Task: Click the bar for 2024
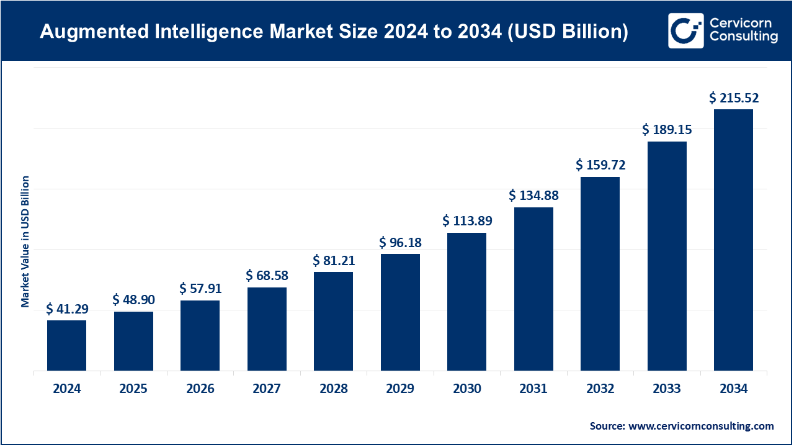point(66,345)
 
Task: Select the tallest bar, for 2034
point(733,240)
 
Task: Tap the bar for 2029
point(400,312)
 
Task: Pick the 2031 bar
point(533,289)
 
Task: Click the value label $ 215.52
point(734,97)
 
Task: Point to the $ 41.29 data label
point(67,309)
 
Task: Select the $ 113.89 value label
point(467,221)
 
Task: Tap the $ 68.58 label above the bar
point(267,275)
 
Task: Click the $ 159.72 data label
point(600,165)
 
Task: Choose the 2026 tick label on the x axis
point(200,389)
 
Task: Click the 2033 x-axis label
point(667,389)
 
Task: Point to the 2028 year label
point(334,389)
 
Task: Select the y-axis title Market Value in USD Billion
point(25,242)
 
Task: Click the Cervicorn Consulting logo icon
point(685,30)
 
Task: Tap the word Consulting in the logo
point(743,37)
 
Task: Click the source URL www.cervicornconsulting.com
point(701,426)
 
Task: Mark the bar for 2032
point(600,274)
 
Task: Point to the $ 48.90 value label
point(133,300)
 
